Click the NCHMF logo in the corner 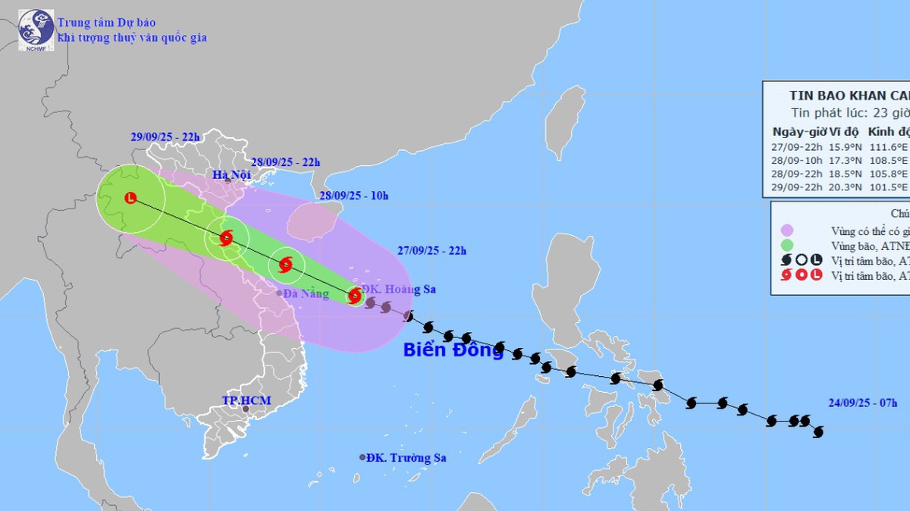tap(36, 30)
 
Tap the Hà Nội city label tap(231, 176)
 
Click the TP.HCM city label tap(246, 400)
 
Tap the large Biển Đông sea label tap(453, 350)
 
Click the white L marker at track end tap(130, 199)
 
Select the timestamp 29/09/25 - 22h tap(165, 137)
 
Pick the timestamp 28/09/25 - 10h tap(353, 196)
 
